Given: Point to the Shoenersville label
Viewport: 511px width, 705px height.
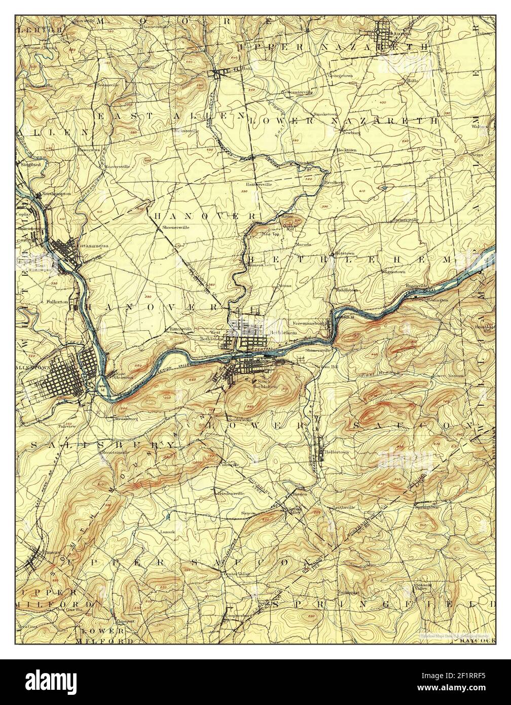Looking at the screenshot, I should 175,228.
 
